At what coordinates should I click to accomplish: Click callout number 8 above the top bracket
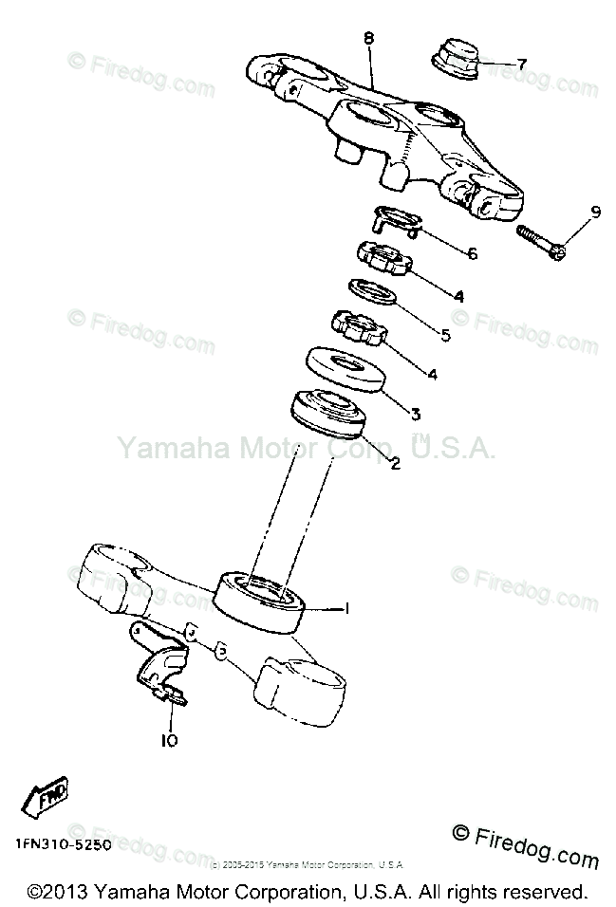click(x=368, y=38)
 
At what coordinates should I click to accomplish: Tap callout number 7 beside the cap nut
click(x=521, y=64)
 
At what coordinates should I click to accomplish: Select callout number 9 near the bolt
click(x=595, y=213)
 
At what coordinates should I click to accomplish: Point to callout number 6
click(x=472, y=253)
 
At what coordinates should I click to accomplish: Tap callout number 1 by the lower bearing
click(x=346, y=608)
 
